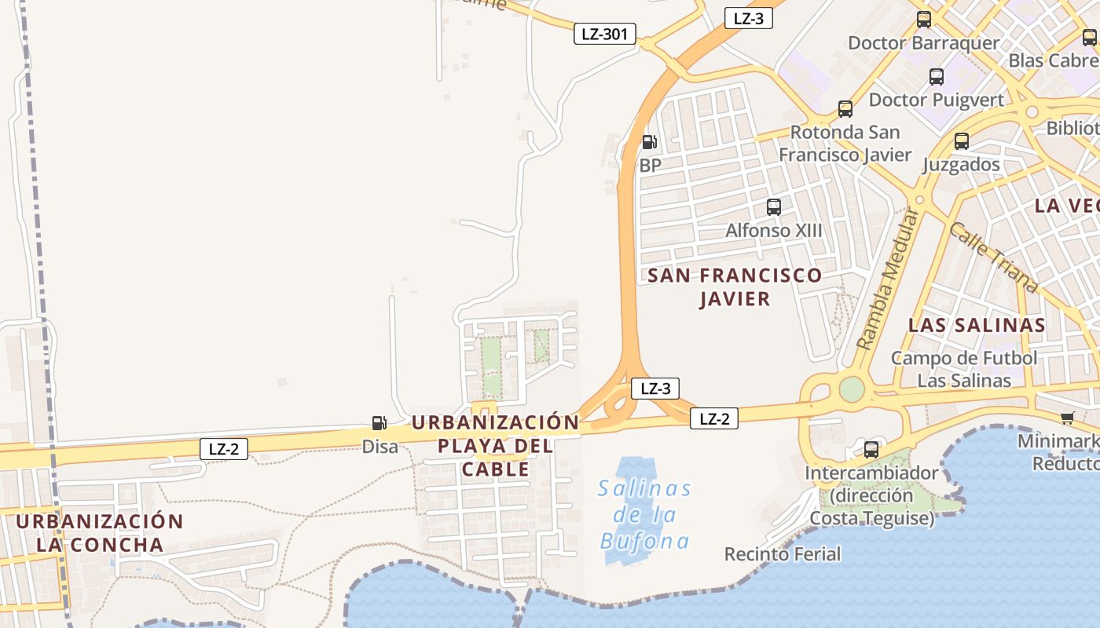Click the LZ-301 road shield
click(x=604, y=34)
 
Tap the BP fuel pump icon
click(x=649, y=142)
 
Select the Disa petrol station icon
click(x=379, y=423)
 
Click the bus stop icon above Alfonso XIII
click(x=774, y=207)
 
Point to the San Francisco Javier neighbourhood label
click(x=735, y=287)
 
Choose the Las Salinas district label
click(x=977, y=325)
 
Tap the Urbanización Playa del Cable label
click(x=496, y=445)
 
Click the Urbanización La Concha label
click(x=100, y=533)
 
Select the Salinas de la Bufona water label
click(x=645, y=515)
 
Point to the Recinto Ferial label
click(x=783, y=554)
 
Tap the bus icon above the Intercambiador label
click(x=871, y=450)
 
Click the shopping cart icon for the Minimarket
click(x=1067, y=418)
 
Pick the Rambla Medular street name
click(x=888, y=279)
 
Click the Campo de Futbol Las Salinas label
click(x=964, y=369)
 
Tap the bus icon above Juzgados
click(x=962, y=141)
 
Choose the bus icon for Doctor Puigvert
click(x=937, y=77)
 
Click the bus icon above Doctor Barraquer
click(x=924, y=20)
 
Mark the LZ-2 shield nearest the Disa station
click(x=224, y=449)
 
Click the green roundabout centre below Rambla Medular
click(x=852, y=389)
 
